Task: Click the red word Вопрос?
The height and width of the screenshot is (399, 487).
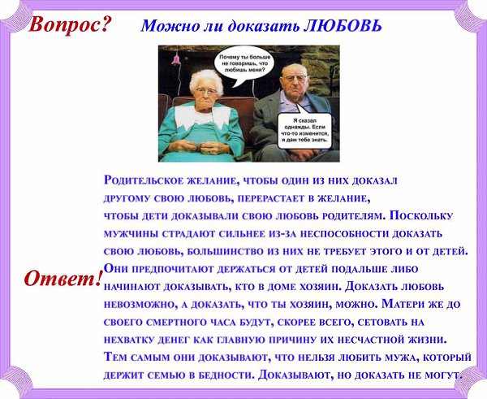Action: (x=70, y=24)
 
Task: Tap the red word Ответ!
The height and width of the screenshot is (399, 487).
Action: (x=62, y=278)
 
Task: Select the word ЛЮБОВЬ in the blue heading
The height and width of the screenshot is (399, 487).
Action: (x=342, y=26)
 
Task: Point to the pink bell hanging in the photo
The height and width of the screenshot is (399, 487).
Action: (x=176, y=59)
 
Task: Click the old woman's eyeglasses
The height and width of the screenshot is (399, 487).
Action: (x=206, y=91)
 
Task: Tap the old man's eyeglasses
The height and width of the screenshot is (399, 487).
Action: (x=294, y=78)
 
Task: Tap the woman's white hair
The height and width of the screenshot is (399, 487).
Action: (x=205, y=79)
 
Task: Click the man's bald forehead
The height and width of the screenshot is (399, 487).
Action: (x=294, y=69)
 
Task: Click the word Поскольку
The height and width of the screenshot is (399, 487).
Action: (x=420, y=216)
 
